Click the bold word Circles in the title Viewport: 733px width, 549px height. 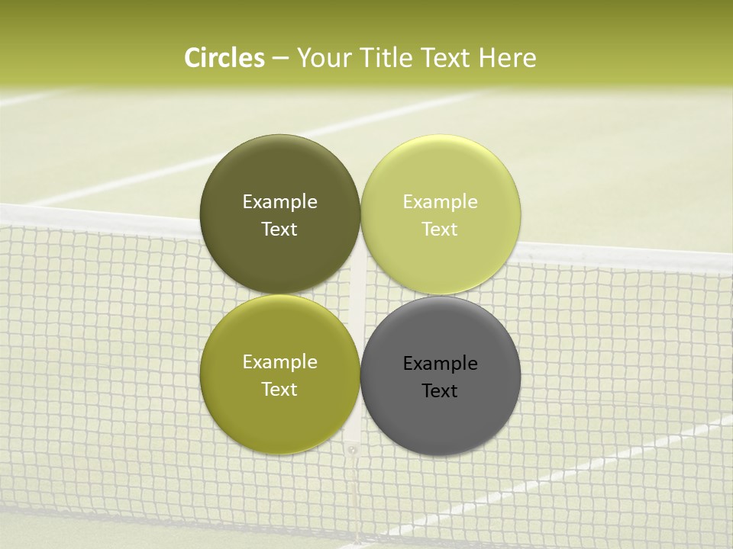point(224,58)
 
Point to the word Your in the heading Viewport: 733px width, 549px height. point(324,58)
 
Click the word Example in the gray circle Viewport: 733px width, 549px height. point(440,364)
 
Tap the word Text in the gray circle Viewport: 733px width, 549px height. point(440,391)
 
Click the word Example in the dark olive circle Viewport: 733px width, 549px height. point(279,202)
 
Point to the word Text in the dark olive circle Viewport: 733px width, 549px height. point(279,230)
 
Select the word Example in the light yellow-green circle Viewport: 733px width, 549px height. point(440,202)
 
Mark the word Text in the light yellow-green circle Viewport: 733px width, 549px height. point(440,230)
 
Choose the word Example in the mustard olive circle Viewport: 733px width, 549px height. point(279,362)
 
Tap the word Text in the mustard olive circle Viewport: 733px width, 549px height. point(279,390)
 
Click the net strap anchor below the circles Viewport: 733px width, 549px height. point(352,451)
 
